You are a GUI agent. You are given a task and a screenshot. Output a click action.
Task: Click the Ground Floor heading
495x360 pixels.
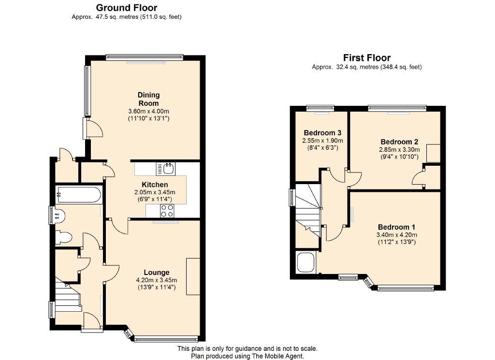pyautogui.click(x=127, y=8)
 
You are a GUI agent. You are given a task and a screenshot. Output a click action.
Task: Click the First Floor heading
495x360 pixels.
pyautogui.click(x=367, y=58)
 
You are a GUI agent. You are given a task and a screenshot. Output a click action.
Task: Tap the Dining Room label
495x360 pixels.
pyautogui.click(x=149, y=99)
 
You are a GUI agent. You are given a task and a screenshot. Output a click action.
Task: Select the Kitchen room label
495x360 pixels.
pyautogui.click(x=155, y=185)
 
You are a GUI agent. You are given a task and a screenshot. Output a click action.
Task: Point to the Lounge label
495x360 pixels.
pyautogui.click(x=157, y=272)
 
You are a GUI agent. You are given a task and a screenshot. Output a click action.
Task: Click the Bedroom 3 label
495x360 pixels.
pyautogui.click(x=322, y=132)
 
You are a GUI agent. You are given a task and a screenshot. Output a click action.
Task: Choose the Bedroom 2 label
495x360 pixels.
pyautogui.click(x=399, y=142)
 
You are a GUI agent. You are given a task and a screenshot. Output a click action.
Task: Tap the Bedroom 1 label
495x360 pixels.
pyautogui.click(x=396, y=227)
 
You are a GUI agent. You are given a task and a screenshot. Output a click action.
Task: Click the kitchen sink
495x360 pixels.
pyautogui.click(x=166, y=169)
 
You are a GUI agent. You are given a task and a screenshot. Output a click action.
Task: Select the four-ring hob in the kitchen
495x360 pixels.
pyautogui.click(x=167, y=211)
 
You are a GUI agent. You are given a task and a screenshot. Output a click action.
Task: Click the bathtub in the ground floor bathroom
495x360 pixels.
pyautogui.click(x=78, y=195)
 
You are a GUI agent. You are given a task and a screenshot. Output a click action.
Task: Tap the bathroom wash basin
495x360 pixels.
pyautogui.click(x=59, y=216)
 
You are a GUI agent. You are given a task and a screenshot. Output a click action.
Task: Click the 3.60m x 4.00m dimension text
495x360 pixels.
pyautogui.click(x=149, y=111)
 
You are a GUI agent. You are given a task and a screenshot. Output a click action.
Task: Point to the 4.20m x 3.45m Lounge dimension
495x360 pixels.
pyautogui.click(x=157, y=280)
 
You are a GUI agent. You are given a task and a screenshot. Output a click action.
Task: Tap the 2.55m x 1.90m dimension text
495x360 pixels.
pyautogui.click(x=322, y=141)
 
